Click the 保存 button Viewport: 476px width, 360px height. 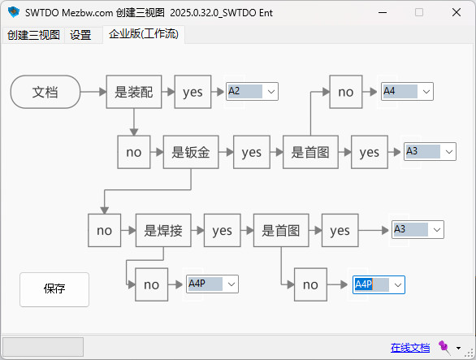(x=54, y=289)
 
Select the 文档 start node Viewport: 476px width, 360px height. (x=45, y=92)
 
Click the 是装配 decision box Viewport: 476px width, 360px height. (x=134, y=92)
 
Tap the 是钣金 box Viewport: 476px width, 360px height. (x=191, y=152)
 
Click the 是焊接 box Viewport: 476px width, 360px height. (x=163, y=230)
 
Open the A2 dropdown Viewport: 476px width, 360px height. (x=252, y=92)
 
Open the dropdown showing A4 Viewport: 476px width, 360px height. (x=407, y=92)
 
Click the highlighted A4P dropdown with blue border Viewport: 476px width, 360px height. (x=379, y=284)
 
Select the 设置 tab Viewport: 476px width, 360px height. (x=80, y=35)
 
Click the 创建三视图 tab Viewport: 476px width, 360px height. (x=33, y=35)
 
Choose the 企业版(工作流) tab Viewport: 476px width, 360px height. (x=144, y=34)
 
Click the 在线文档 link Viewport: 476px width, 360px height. (x=410, y=347)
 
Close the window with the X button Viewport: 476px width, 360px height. (x=457, y=12)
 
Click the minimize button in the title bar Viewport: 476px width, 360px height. (x=383, y=12)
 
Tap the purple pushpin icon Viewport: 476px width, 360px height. (x=444, y=347)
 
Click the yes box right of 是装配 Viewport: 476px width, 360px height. (x=193, y=92)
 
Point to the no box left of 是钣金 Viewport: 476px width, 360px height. (x=134, y=152)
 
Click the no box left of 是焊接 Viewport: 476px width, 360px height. (x=105, y=230)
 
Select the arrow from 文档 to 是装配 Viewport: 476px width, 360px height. (x=93, y=92)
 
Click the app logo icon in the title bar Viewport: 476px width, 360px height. (x=14, y=12)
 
